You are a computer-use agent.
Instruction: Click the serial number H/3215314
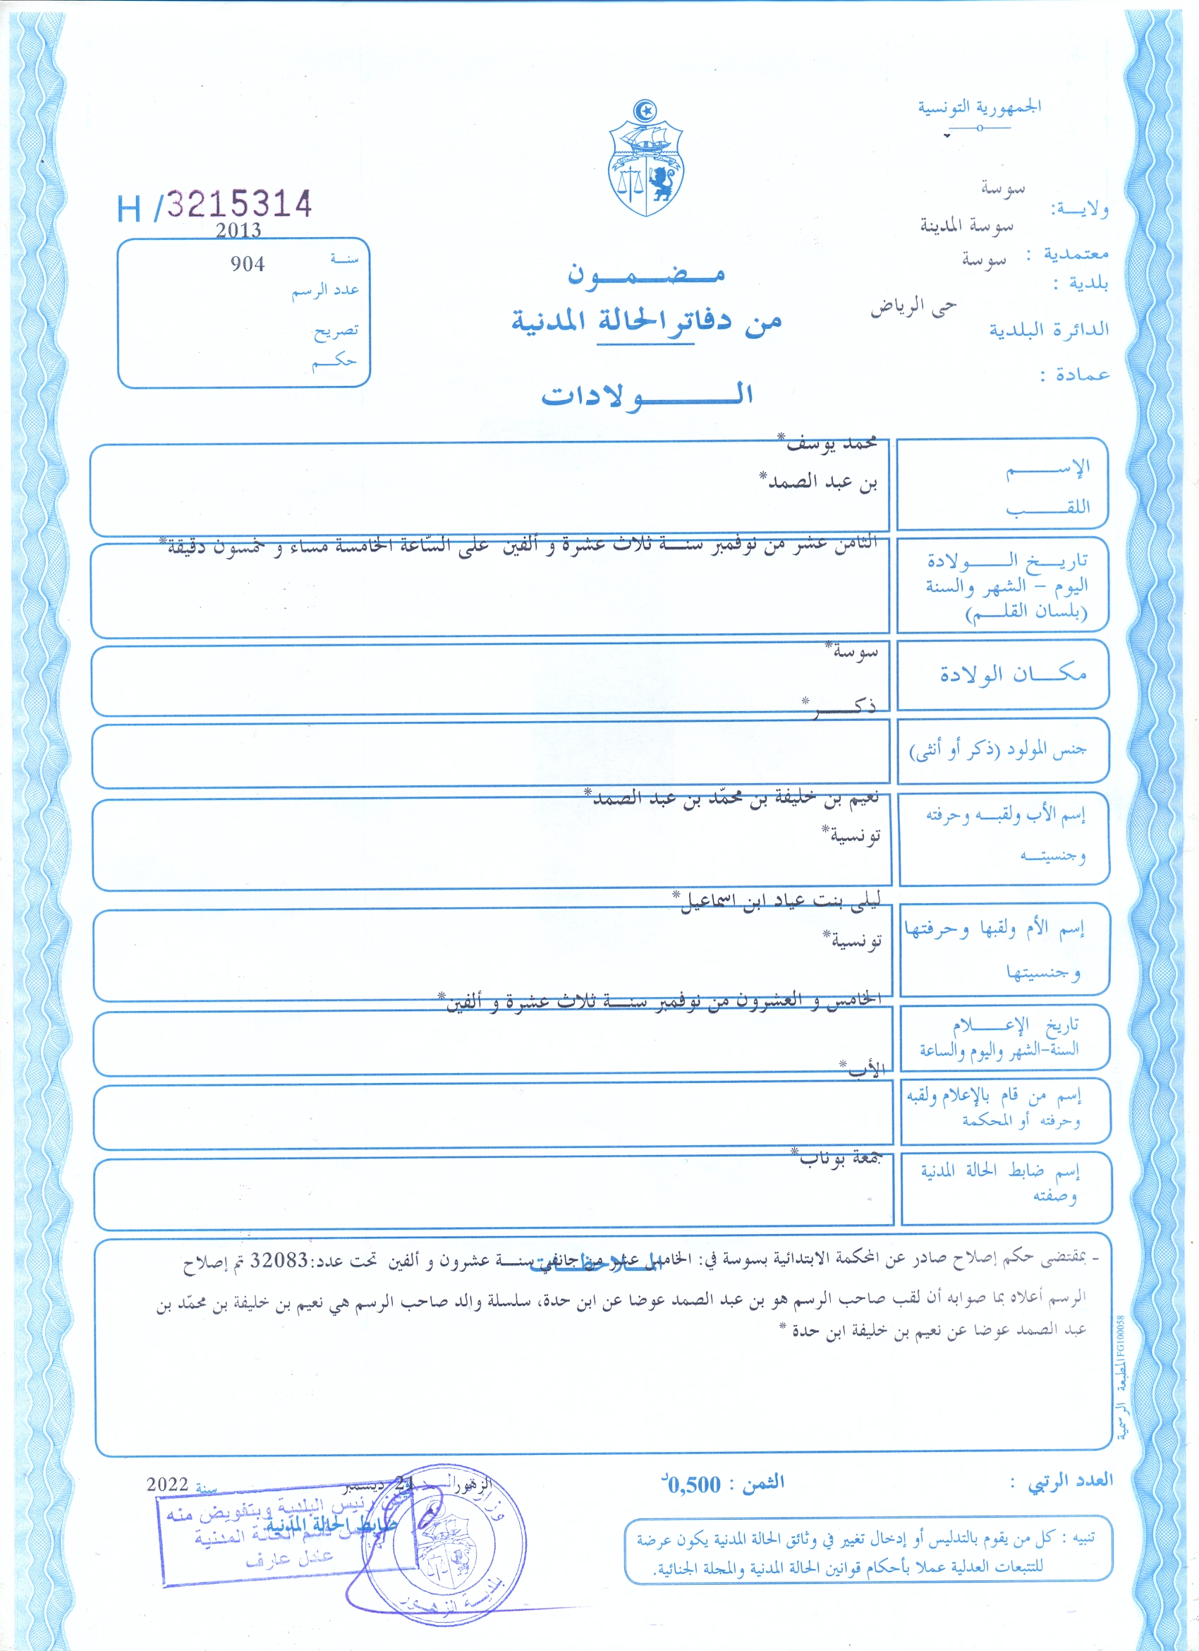pos(214,205)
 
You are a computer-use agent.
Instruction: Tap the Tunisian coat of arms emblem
pos(645,159)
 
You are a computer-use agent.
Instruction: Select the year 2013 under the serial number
pos(238,231)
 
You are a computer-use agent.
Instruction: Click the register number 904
pos(248,265)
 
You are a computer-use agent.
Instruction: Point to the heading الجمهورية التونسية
pos(978,108)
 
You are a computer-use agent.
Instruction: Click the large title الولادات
pos(647,394)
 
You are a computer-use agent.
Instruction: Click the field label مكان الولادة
pos(1013,674)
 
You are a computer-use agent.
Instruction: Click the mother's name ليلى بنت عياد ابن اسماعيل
pos(778,900)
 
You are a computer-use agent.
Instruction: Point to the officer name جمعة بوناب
pos(838,1157)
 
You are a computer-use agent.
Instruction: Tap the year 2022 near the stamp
pos(167,1484)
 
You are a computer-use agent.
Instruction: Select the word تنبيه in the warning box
pos(1096,1538)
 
